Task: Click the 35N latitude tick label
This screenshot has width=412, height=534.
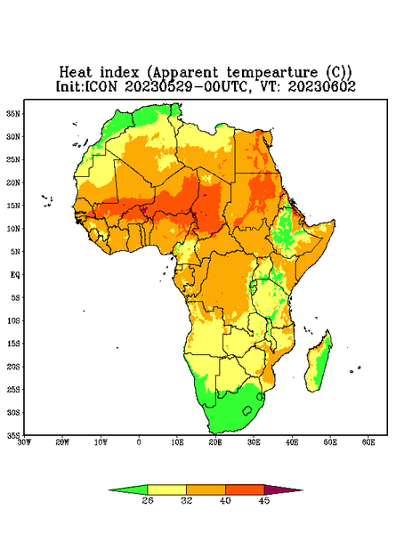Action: pos(13,114)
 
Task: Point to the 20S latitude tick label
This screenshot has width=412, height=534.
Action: pos(13,367)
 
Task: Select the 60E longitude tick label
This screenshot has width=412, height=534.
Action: pos(368,442)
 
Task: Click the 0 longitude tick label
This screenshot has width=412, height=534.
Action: pos(139,442)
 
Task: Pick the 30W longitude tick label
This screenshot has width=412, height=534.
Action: pos(24,442)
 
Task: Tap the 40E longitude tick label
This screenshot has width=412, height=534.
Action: pos(292,442)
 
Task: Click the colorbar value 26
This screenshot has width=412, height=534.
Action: pos(148,500)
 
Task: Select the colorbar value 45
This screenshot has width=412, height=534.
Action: pos(264,500)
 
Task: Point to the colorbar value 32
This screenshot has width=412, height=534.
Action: pos(186,500)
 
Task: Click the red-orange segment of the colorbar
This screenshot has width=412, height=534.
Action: pos(245,489)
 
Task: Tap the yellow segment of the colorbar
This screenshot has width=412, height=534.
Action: pos(166,489)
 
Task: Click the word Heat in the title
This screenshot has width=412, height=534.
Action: pos(76,72)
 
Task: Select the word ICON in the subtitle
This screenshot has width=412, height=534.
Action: pos(101,86)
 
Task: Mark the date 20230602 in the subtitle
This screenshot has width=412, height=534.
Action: pos(322,86)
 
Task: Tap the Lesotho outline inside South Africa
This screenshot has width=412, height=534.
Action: pos(247,410)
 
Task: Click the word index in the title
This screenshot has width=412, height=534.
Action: pos(119,72)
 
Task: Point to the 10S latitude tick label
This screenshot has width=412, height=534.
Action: pos(13,320)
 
